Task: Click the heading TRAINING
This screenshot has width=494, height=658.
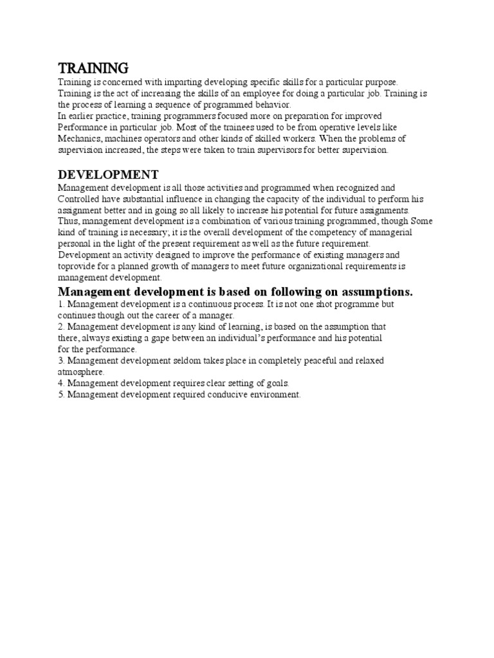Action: pyautogui.click(x=93, y=68)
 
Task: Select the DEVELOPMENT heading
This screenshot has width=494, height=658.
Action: pyautogui.click(x=108, y=175)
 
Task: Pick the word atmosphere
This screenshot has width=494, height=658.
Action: pyautogui.click(x=80, y=371)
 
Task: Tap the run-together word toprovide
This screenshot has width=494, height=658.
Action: pyautogui.click(x=77, y=266)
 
